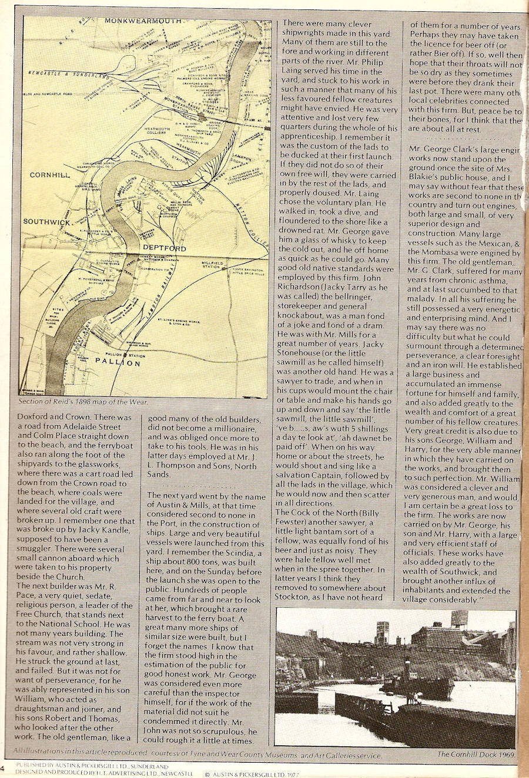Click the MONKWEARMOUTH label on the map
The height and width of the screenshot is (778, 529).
point(143,21)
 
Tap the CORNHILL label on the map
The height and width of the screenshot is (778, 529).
point(50,175)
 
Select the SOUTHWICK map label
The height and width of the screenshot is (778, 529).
point(47,222)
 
